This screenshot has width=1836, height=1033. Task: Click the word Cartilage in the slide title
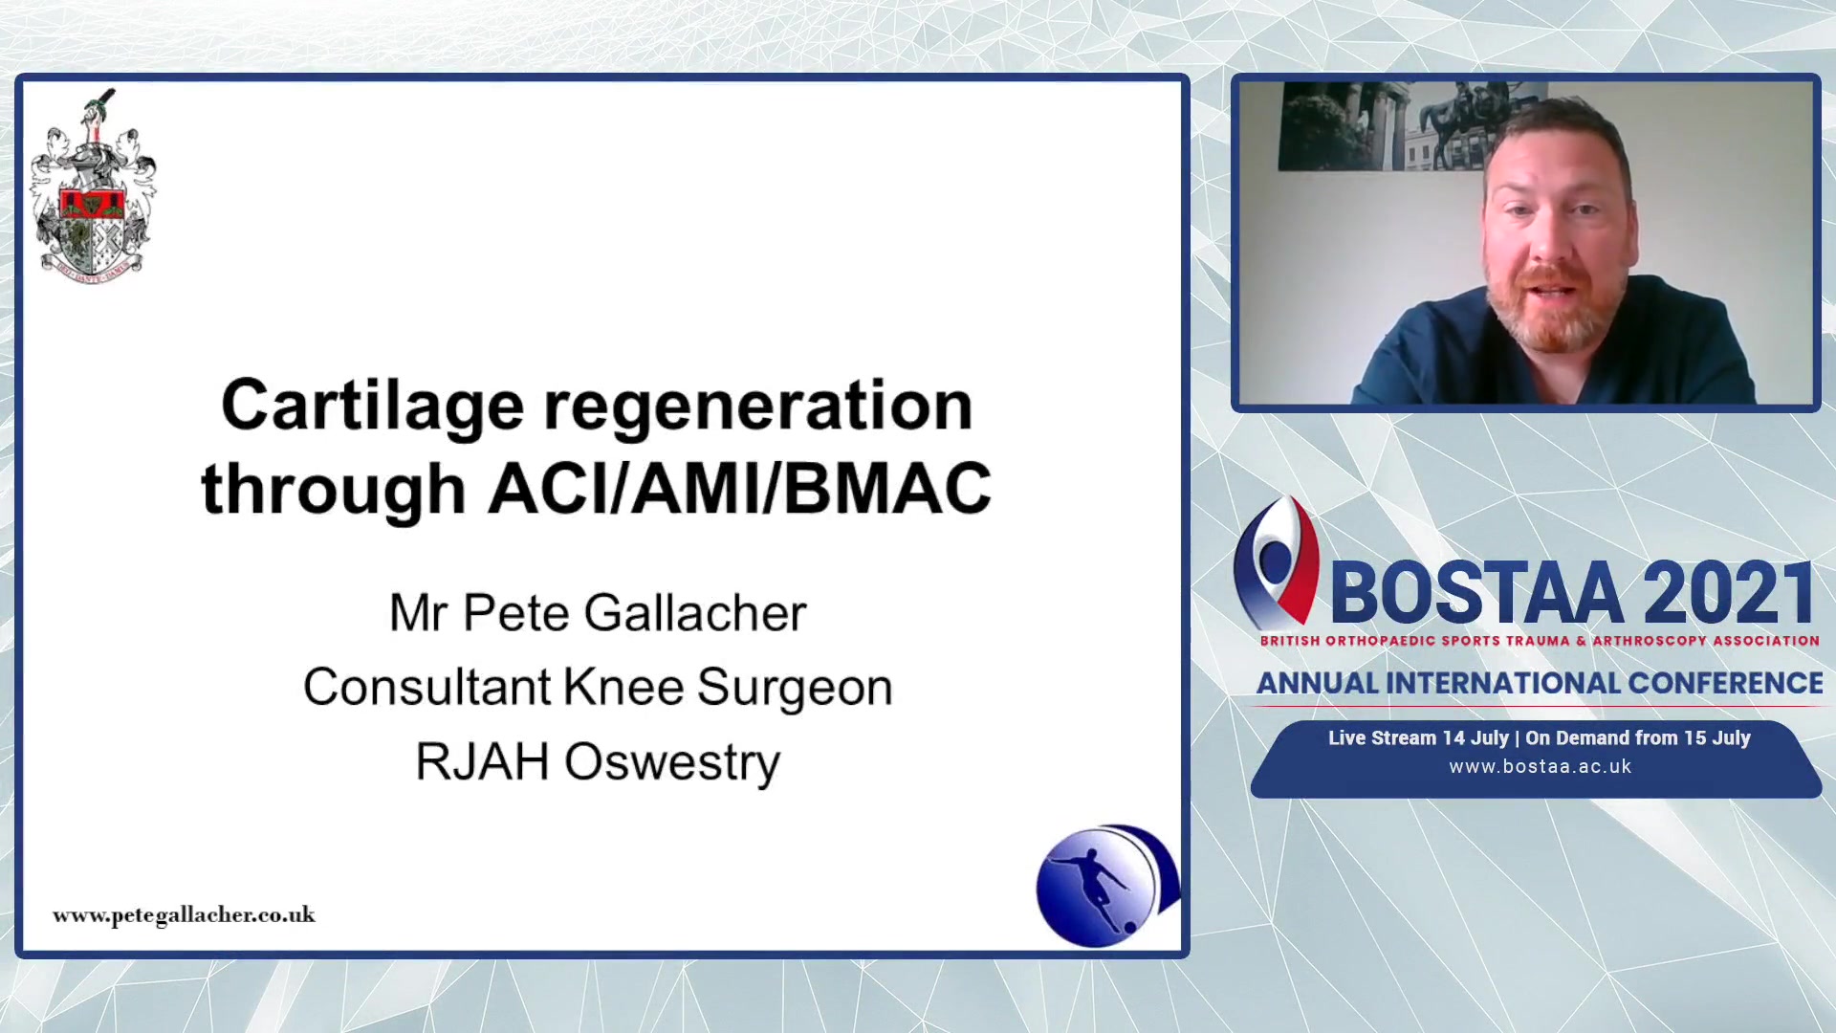(x=372, y=406)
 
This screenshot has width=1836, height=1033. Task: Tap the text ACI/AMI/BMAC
(x=739, y=488)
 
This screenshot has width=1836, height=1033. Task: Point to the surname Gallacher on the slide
(x=695, y=613)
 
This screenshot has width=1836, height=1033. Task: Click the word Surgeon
(x=795, y=689)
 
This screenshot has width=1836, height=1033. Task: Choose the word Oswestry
(x=672, y=762)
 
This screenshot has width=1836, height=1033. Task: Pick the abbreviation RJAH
(x=482, y=762)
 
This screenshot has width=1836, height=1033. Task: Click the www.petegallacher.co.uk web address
(x=184, y=915)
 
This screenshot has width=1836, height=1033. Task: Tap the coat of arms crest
(x=93, y=186)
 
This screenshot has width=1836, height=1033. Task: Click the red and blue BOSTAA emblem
(x=1277, y=561)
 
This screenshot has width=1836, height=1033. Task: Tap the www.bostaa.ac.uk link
(x=1540, y=766)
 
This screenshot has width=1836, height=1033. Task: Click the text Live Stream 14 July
(x=1418, y=737)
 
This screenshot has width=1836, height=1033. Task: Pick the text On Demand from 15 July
(x=1637, y=737)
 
